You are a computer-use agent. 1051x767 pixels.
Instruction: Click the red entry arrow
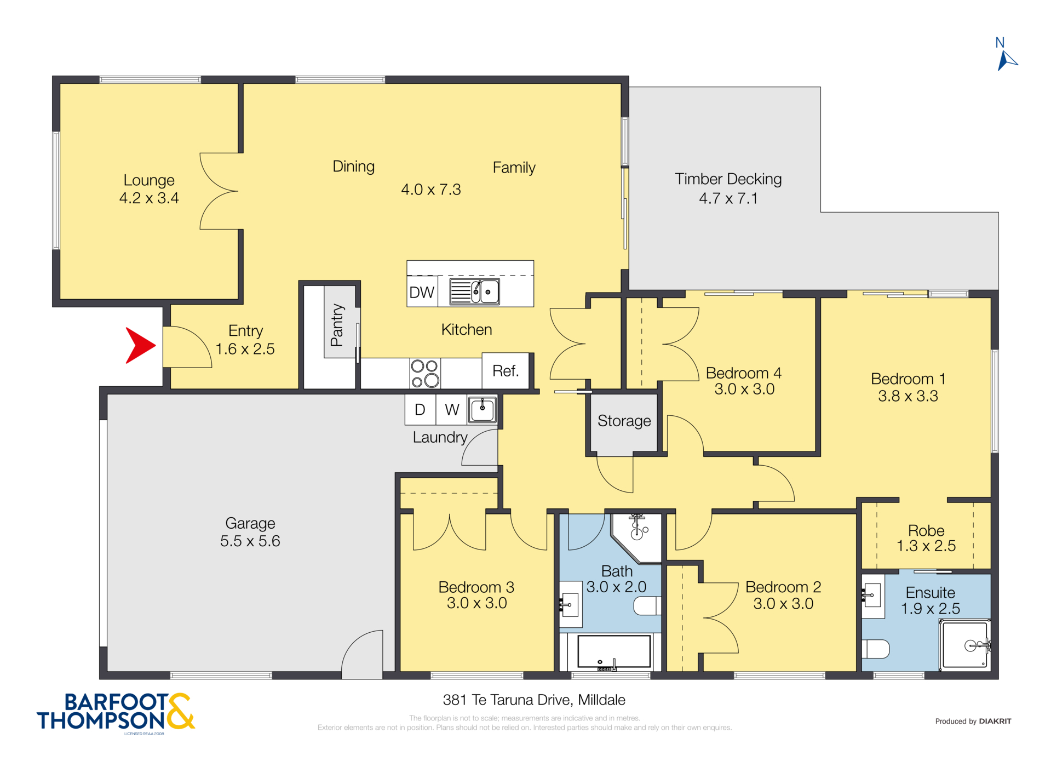point(139,345)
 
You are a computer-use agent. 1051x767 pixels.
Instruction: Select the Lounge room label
point(148,180)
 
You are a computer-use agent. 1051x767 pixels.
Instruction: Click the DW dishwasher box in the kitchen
point(422,292)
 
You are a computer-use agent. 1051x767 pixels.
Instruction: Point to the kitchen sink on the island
point(474,291)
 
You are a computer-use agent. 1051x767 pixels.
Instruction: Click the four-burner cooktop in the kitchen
point(425,373)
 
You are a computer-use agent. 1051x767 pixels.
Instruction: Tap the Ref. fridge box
point(505,371)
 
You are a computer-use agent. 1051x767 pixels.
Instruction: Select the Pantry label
point(337,325)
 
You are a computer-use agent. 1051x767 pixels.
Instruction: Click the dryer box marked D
point(420,410)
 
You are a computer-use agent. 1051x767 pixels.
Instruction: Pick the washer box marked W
point(452,410)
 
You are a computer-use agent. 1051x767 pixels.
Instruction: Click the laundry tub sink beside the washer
point(482,410)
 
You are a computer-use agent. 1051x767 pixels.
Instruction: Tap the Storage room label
point(624,421)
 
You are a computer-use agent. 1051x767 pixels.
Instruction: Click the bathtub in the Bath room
point(614,651)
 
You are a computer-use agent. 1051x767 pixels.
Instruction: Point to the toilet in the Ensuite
point(876,649)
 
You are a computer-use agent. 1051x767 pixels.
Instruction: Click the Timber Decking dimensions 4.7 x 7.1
point(728,198)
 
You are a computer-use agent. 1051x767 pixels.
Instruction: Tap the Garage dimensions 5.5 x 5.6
point(250,541)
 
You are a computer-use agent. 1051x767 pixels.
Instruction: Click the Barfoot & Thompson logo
point(116,712)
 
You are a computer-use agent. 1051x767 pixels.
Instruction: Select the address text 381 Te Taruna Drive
point(533,700)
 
